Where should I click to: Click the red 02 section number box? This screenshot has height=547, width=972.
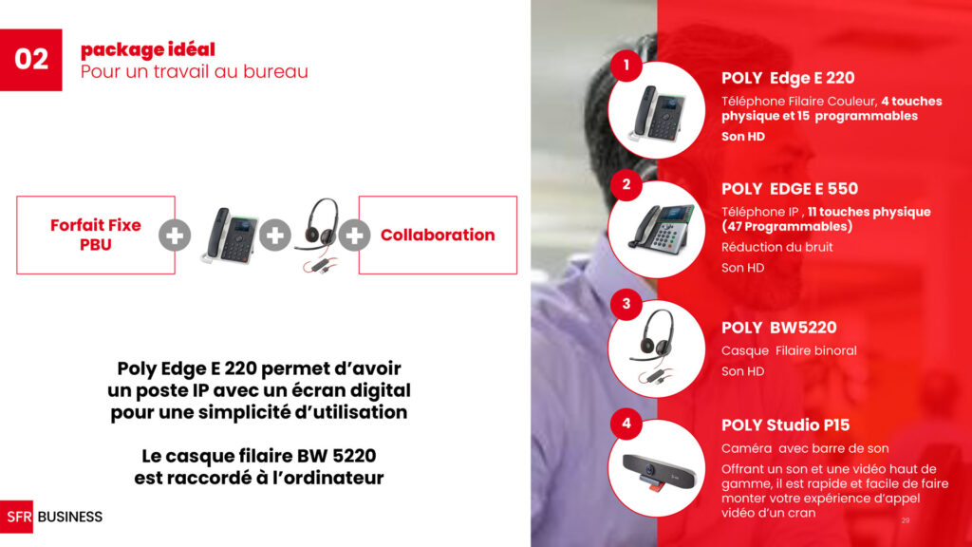[31, 60]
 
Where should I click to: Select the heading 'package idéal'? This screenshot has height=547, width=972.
[148, 49]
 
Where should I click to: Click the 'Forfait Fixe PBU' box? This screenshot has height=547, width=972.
[96, 236]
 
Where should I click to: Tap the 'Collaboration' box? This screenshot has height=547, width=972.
[438, 236]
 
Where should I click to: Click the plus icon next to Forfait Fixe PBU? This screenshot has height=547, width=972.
[175, 236]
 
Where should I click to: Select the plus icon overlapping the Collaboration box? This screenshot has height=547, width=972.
[354, 236]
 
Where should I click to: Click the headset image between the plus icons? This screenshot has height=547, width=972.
[317, 235]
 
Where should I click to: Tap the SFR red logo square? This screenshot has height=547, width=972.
[17, 517]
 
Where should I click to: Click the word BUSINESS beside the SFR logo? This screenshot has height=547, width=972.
[70, 517]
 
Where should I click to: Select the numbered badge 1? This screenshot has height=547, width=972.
[626, 66]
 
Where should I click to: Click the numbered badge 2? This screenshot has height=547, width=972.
[626, 184]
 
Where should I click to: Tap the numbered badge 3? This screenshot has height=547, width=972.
[626, 304]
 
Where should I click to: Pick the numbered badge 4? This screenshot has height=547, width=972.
[626, 424]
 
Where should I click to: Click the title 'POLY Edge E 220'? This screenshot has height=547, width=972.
[788, 78]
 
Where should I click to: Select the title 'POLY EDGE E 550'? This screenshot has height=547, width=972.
[790, 189]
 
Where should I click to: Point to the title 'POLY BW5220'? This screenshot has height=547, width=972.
[778, 328]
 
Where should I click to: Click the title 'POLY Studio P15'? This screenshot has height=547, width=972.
[785, 425]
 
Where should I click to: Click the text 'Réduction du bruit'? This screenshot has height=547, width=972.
[776, 247]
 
